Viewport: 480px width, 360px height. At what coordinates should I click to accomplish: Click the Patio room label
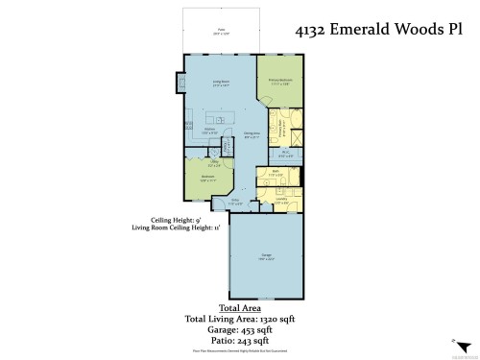[x=220, y=32]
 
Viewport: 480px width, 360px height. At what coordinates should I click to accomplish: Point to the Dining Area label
[x=252, y=135]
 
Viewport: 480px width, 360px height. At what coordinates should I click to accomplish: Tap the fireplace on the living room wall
[x=180, y=84]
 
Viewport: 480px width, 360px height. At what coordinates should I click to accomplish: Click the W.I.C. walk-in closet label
[x=285, y=153]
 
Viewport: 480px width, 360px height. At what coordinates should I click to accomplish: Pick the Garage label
[x=265, y=255]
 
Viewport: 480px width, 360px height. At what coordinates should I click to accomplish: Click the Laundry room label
[x=280, y=202]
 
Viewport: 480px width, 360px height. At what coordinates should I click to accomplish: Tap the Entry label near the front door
[x=236, y=203]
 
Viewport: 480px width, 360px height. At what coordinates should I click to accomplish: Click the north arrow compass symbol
[x=450, y=342]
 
